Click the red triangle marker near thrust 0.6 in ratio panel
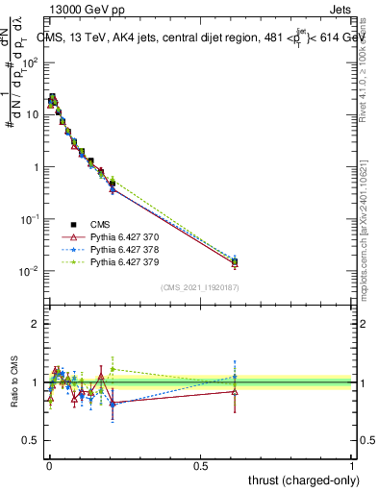click(235, 391)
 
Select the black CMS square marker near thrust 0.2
click(113, 184)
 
